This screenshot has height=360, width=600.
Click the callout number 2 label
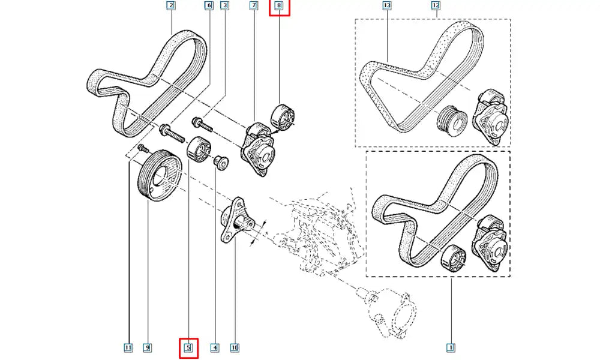171,7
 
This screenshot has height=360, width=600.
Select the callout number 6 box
209,7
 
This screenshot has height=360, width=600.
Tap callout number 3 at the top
225,7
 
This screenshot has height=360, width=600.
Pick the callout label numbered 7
254,7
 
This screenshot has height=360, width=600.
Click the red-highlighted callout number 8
279,7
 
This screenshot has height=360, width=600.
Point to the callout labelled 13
386,7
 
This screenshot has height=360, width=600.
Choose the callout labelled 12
436,7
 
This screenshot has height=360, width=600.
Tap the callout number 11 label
128,347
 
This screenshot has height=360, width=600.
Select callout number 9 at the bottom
147,347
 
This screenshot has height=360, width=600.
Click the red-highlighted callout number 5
188,347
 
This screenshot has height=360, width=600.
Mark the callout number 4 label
214,347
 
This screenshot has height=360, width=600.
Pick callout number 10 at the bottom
235,347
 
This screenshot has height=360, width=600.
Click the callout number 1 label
451,347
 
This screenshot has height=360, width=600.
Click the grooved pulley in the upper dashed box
452,122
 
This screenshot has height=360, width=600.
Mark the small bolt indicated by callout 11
142,148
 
